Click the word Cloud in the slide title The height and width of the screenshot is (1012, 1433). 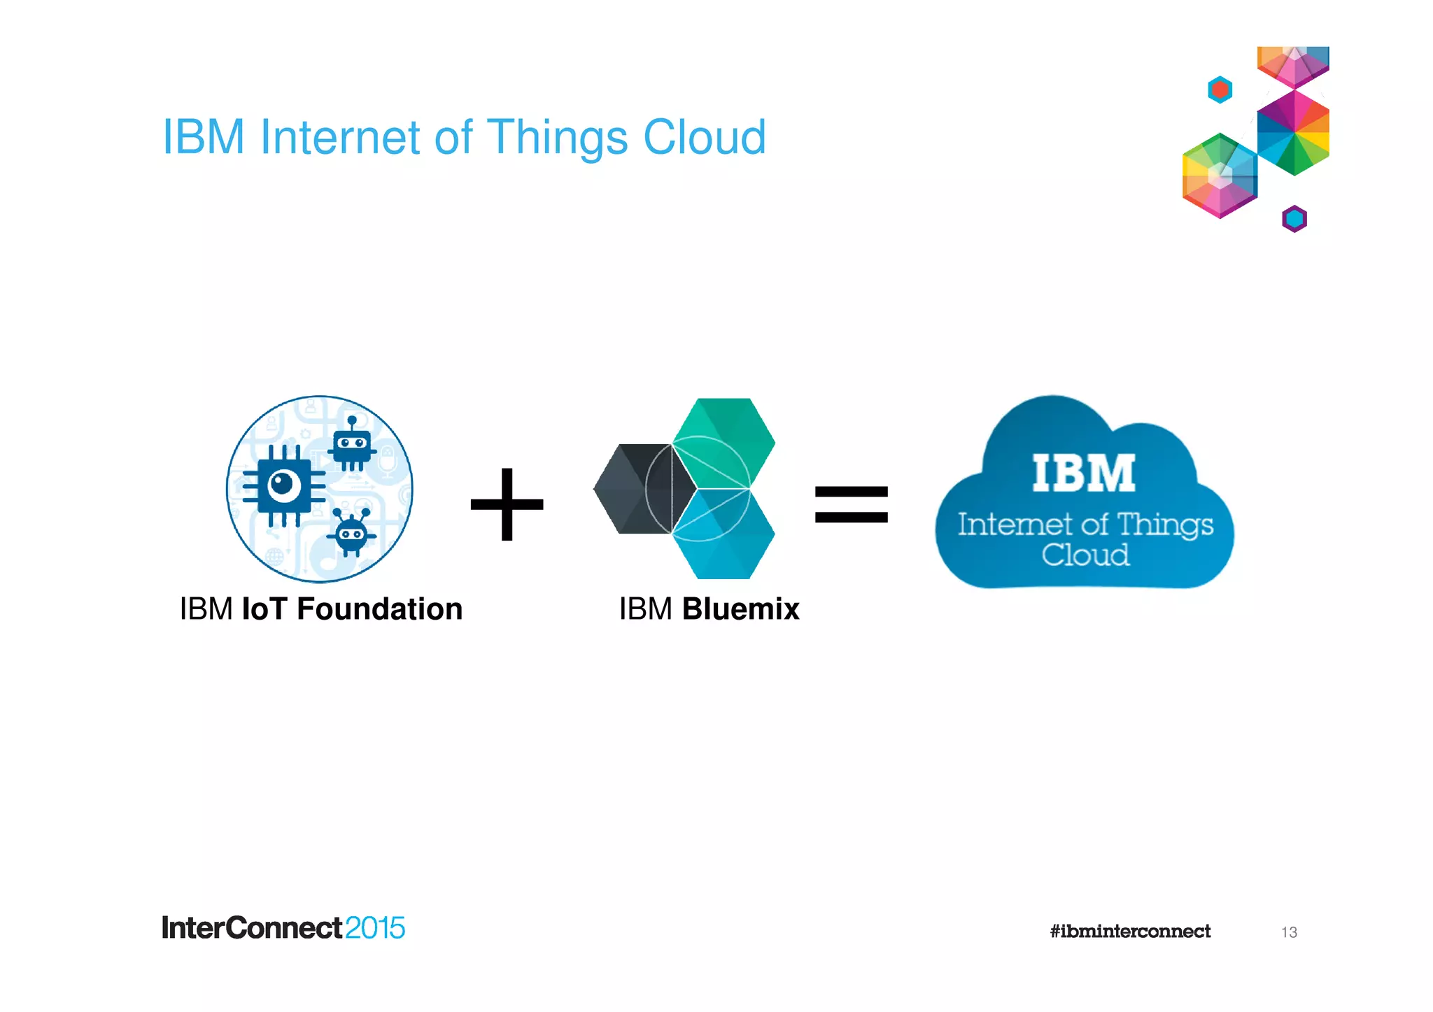704,137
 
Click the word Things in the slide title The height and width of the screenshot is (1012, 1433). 557,137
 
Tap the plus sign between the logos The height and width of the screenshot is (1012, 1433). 507,504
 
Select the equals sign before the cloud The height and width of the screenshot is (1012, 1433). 851,504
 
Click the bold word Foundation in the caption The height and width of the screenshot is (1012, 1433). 379,609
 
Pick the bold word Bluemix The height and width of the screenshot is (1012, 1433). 740,609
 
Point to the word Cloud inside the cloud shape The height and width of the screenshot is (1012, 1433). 1085,555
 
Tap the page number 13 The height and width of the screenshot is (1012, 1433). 1289,932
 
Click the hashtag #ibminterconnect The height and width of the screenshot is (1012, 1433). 1129,932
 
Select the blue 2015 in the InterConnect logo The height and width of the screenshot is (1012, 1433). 374,929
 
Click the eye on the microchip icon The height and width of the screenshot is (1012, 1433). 283,485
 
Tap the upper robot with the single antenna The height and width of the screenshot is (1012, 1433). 352,446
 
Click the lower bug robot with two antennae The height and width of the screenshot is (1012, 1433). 351,534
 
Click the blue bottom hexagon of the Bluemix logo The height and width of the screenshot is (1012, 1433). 724,535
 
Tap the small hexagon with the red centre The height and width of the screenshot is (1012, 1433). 1220,90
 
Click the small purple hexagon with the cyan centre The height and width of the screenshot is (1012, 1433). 1294,219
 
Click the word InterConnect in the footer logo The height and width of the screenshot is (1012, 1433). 252,929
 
